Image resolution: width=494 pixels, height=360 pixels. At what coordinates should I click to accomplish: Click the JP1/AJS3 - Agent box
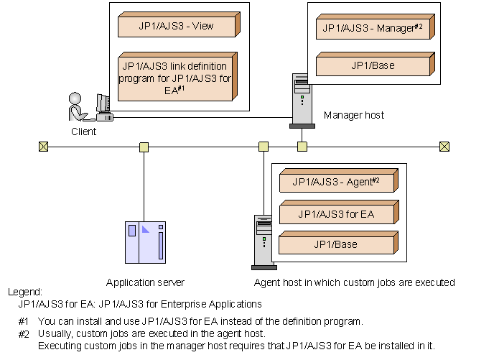337,183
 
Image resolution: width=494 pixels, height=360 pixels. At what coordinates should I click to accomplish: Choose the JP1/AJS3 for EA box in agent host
337,213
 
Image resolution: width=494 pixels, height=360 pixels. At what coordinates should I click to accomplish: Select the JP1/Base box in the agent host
335,244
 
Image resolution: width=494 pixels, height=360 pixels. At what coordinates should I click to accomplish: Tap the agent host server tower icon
263,241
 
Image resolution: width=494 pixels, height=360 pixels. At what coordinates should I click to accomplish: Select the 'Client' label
84,131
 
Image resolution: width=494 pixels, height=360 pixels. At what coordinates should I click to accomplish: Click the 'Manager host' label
354,115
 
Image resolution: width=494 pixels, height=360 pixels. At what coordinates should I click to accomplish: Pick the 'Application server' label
145,282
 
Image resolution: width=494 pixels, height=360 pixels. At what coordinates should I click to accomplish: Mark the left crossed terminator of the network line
45,147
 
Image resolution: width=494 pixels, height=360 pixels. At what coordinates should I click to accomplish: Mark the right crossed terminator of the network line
444,147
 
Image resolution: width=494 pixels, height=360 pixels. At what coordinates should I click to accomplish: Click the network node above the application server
144,147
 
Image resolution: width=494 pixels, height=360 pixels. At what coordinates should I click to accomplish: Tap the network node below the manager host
302,147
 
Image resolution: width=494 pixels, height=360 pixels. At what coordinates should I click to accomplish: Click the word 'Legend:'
25,292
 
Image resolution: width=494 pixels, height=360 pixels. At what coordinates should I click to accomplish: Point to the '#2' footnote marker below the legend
24,334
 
